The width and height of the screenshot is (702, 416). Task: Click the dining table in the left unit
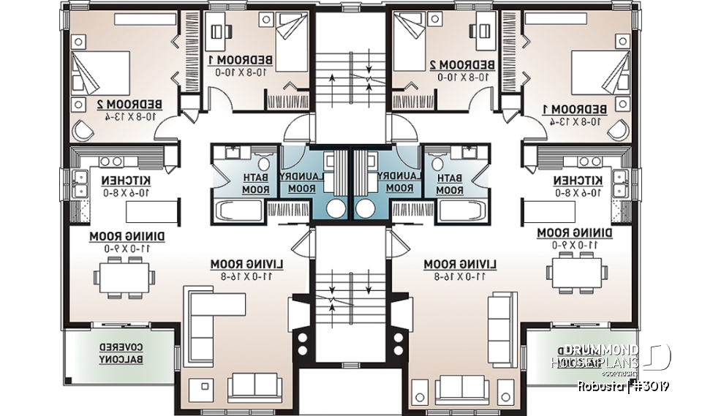tap(124, 278)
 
